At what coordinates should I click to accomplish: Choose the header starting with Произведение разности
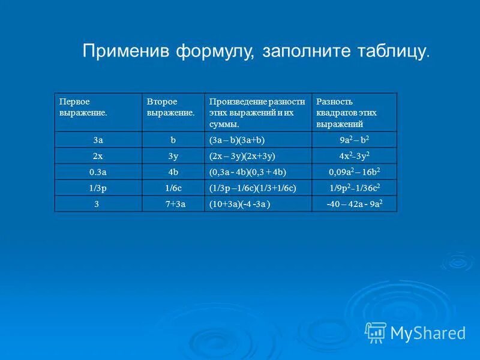(257, 113)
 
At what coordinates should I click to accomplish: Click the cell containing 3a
(98, 140)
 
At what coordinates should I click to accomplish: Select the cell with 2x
(98, 155)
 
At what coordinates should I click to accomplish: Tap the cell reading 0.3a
(98, 172)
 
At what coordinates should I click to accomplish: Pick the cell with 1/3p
(98, 188)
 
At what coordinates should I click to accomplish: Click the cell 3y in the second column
(173, 155)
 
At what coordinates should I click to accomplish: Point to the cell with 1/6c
(173, 188)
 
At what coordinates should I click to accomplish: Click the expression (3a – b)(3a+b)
(237, 140)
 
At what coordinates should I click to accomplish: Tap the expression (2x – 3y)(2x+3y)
(242, 155)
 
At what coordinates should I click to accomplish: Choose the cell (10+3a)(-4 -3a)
(239, 204)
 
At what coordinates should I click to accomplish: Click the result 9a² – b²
(354, 140)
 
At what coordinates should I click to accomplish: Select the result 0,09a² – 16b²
(354, 172)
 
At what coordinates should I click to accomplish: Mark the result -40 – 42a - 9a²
(354, 204)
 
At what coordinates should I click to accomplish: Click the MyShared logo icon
(376, 332)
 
